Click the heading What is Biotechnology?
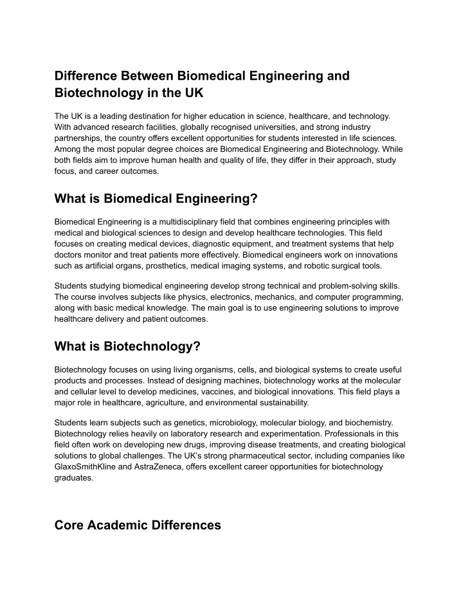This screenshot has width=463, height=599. click(128, 347)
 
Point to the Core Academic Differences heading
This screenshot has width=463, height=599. click(138, 525)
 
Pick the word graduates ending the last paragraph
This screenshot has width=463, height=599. click(75, 479)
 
